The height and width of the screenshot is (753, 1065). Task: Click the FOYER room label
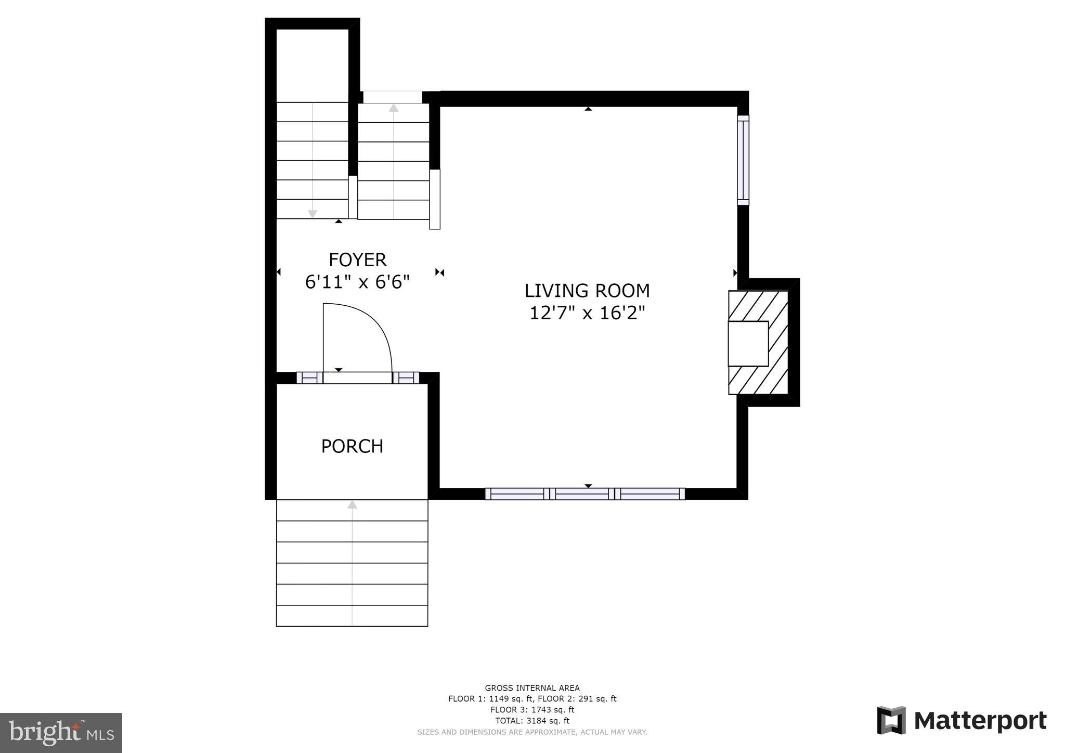click(357, 259)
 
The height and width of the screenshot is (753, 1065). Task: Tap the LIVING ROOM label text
click(587, 290)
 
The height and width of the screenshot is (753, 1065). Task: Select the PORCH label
click(352, 446)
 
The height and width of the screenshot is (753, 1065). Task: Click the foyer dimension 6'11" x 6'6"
click(357, 282)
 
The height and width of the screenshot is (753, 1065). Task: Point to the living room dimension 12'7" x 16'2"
click(587, 313)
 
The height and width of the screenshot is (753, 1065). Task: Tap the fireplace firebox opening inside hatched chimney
click(748, 344)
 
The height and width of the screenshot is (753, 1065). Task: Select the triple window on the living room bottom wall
click(585, 494)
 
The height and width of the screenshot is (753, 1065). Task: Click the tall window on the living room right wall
click(743, 160)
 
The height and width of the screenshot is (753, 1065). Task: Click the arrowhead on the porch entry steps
click(352, 504)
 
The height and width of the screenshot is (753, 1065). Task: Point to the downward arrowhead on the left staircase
click(312, 214)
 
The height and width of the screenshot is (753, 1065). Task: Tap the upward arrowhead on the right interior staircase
click(394, 108)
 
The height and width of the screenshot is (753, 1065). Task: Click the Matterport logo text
click(980, 721)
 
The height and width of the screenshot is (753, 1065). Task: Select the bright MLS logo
click(61, 733)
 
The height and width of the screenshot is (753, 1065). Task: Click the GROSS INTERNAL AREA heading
click(532, 688)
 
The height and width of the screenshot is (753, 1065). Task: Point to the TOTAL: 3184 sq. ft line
click(532, 721)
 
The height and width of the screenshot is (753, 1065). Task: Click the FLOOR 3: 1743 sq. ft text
click(532, 710)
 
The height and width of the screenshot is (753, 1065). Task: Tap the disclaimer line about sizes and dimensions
click(532, 732)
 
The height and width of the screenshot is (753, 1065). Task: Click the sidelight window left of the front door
click(309, 378)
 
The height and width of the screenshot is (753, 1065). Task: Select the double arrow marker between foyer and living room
click(439, 272)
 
